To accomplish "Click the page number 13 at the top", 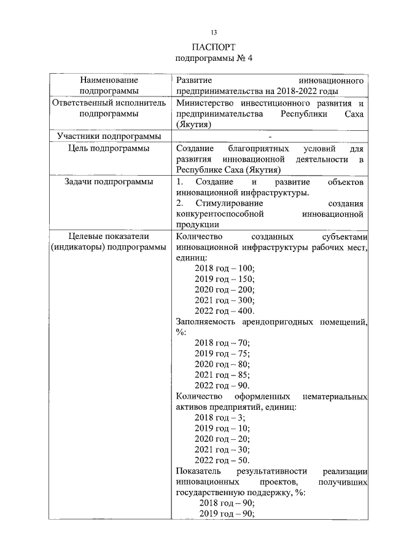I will pyautogui.click(x=214, y=32).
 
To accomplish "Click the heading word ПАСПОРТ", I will pyautogui.click(x=214, y=47).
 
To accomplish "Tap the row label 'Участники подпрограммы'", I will pyautogui.click(x=109, y=136).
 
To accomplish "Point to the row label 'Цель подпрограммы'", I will pyautogui.click(x=109, y=149).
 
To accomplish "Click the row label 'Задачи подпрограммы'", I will pyautogui.click(x=109, y=182).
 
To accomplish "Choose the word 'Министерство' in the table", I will pyautogui.click(x=203, y=103).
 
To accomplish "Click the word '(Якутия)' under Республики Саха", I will pyautogui.click(x=194, y=125).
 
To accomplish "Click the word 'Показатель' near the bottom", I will pyautogui.click(x=196, y=471).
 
